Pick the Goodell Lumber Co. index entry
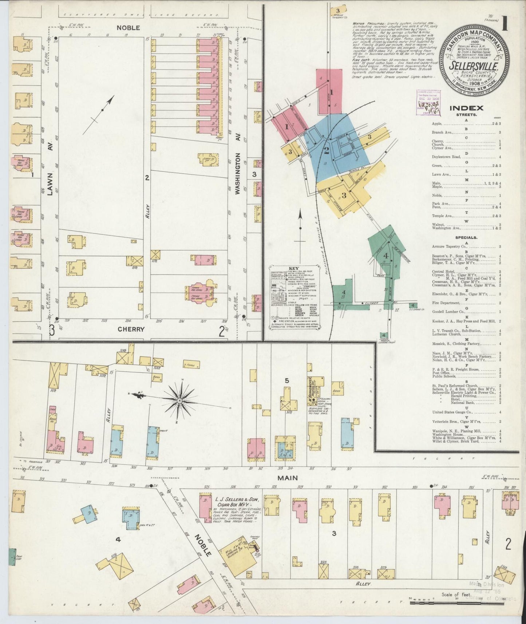(x=447, y=312)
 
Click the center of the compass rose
(x=179, y=400)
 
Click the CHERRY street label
(x=131, y=329)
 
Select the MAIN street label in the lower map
(x=289, y=478)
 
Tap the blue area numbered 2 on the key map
(x=327, y=150)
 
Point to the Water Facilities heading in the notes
(x=365, y=24)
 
